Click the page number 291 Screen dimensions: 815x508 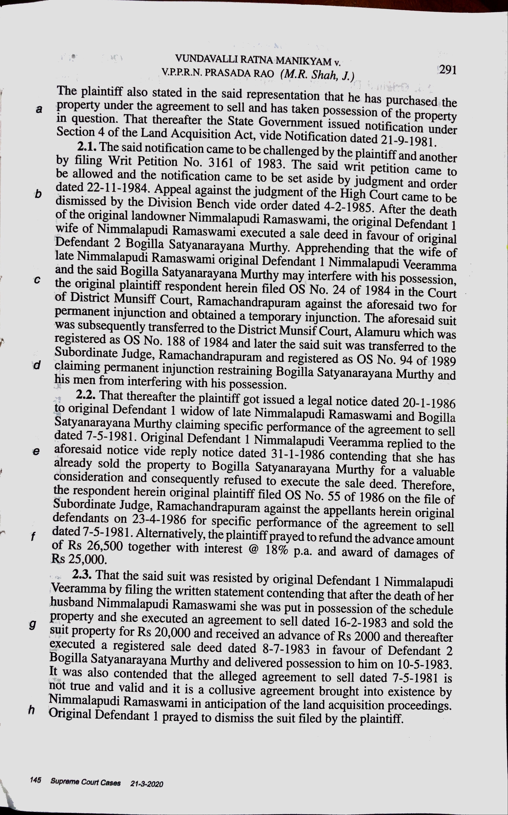click(447, 70)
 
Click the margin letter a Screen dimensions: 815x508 click(39, 109)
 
